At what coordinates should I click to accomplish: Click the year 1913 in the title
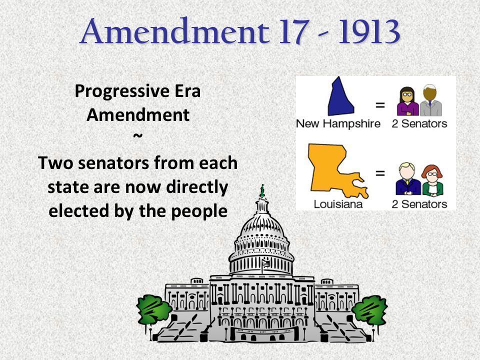point(369,31)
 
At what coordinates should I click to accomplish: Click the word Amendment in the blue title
point(175,31)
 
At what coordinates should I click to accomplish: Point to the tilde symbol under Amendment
point(138,135)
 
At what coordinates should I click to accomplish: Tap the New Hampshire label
point(338,123)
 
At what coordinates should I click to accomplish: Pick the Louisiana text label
point(338,204)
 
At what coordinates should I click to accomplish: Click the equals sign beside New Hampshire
point(380,105)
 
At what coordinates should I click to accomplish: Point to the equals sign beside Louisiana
point(380,173)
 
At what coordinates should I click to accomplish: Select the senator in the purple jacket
point(407,101)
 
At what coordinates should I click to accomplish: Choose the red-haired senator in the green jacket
point(432,180)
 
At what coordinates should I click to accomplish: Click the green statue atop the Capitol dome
point(262,190)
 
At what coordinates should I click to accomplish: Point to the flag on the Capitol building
point(265,263)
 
